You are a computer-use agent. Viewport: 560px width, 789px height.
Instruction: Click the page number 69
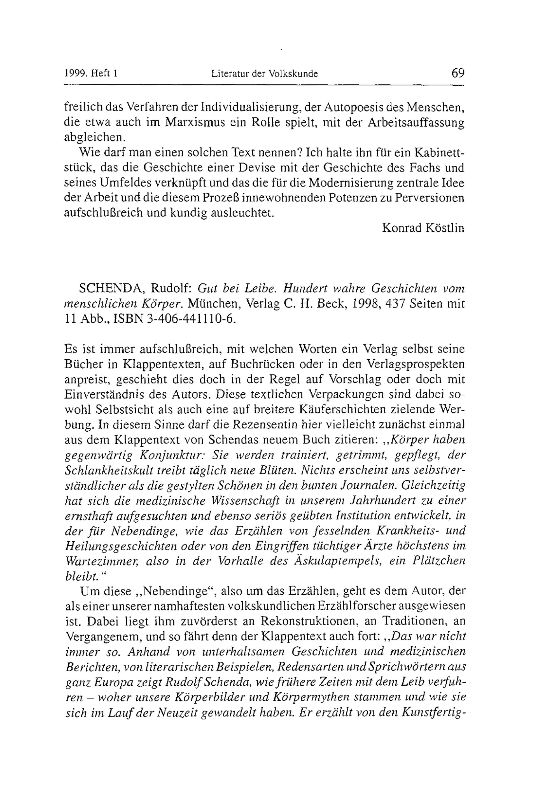tap(458, 73)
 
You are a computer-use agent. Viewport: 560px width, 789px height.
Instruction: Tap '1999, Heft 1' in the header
tap(91, 74)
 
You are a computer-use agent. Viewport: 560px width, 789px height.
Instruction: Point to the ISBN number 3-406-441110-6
tap(191, 319)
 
